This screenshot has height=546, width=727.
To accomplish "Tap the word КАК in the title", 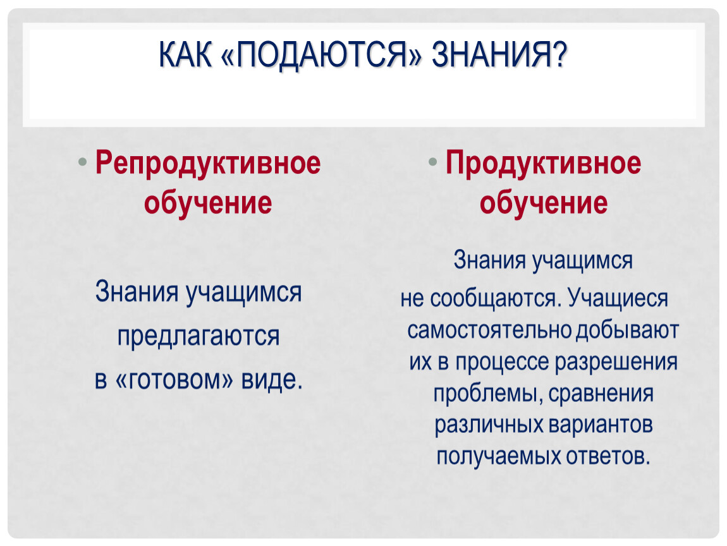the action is [x=185, y=55].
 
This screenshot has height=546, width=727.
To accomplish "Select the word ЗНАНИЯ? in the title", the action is [x=499, y=55].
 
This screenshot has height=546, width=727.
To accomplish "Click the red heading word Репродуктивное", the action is [x=208, y=164].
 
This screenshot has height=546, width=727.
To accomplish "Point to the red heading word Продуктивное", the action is [x=543, y=164].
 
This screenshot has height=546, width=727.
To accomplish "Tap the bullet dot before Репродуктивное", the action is [x=83, y=162].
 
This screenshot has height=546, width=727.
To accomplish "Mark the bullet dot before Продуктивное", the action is [x=432, y=162].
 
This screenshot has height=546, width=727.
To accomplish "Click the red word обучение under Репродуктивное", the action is [x=208, y=203].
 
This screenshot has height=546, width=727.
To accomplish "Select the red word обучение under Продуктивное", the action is [x=544, y=203].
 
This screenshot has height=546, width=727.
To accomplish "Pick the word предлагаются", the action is [x=199, y=336].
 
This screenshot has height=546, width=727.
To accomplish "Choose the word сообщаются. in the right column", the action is [x=496, y=298].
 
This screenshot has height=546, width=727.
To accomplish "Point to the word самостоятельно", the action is [x=489, y=331].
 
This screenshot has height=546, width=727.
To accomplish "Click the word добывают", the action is [x=627, y=331].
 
